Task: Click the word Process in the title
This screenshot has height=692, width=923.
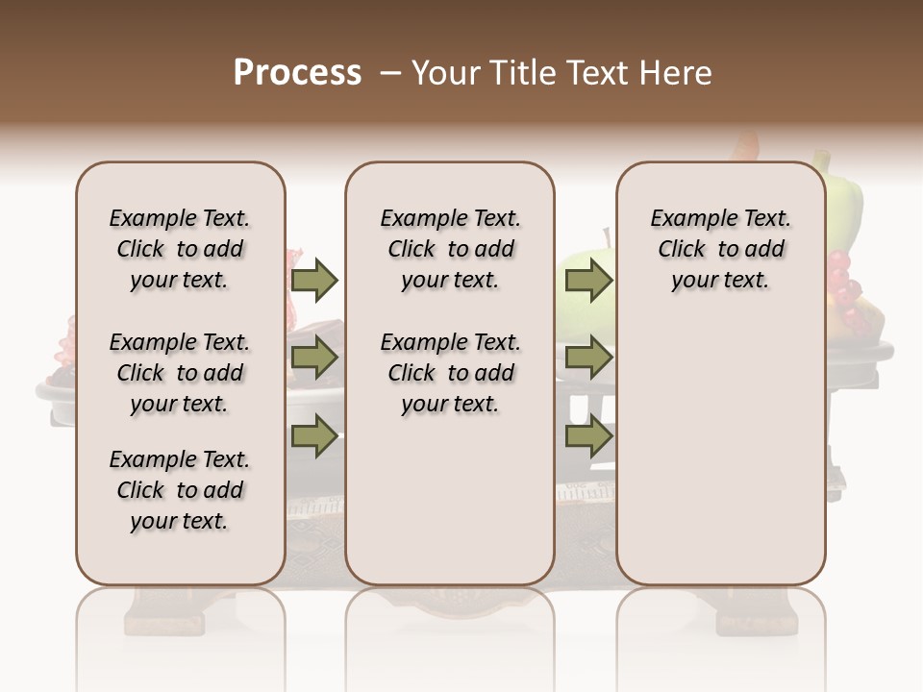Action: pos(297,72)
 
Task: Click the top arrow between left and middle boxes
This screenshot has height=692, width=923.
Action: pos(314,280)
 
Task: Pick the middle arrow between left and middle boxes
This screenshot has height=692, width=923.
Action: pos(314,358)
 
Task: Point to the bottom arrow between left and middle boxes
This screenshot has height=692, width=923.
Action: pos(314,437)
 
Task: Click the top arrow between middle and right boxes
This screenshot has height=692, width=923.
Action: pos(588,280)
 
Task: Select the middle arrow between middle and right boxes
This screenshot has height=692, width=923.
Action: pos(588,358)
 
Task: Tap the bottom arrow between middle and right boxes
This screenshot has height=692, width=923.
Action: pos(588,437)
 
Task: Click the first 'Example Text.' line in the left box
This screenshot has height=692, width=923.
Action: pos(180,218)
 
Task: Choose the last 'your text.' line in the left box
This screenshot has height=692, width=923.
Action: pos(180,521)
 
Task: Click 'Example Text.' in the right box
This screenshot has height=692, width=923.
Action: pos(721,218)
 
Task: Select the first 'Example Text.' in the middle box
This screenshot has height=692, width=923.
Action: pos(450,218)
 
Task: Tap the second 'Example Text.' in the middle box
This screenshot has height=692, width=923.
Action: pos(450,342)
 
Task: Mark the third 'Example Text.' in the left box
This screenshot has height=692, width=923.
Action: pos(180,459)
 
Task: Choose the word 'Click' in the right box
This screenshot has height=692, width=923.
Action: pos(682,249)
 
